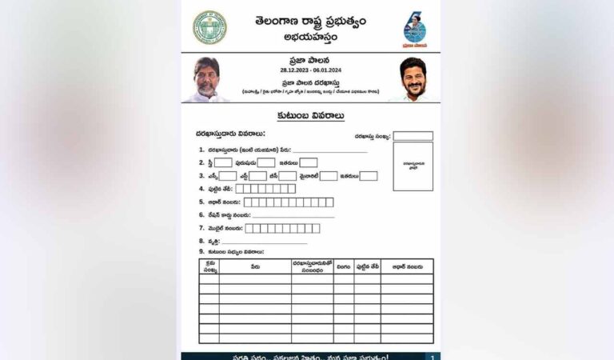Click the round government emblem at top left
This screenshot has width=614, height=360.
coord(209,27)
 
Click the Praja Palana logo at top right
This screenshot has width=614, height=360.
coord(414,29)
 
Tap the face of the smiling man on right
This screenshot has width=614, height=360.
coord(413,77)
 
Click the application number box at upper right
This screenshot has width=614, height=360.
coord(413,136)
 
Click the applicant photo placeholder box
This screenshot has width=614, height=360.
coord(413,166)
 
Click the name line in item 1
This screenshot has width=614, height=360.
coord(329,150)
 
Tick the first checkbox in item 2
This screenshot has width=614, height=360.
coord(223,162)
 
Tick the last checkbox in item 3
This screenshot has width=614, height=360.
coord(369,176)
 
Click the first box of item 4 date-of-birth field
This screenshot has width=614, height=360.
coord(240,189)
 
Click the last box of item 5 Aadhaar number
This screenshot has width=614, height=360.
coord(329,202)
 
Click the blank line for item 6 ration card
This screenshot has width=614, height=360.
coord(293,215)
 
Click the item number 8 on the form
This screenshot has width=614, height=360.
coord(201,241)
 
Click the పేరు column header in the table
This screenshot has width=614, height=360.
coord(254,263)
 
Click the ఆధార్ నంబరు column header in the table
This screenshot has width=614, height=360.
coord(407,263)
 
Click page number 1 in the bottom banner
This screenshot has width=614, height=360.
coord(431,357)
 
